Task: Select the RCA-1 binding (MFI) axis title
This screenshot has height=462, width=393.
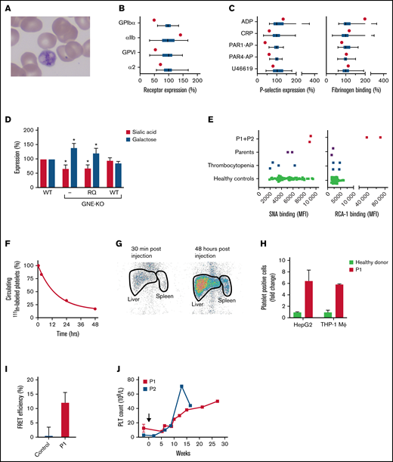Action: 355,215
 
